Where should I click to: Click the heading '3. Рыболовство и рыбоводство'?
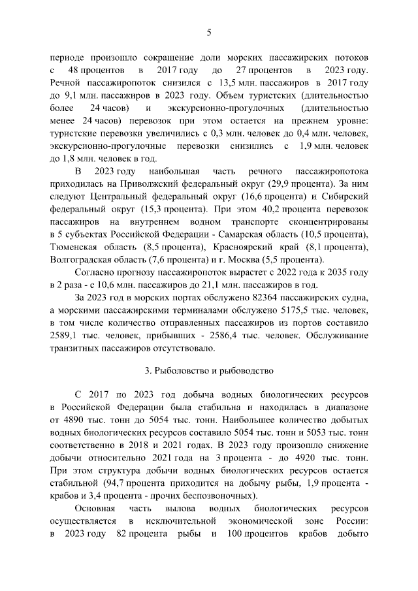(209, 372)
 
